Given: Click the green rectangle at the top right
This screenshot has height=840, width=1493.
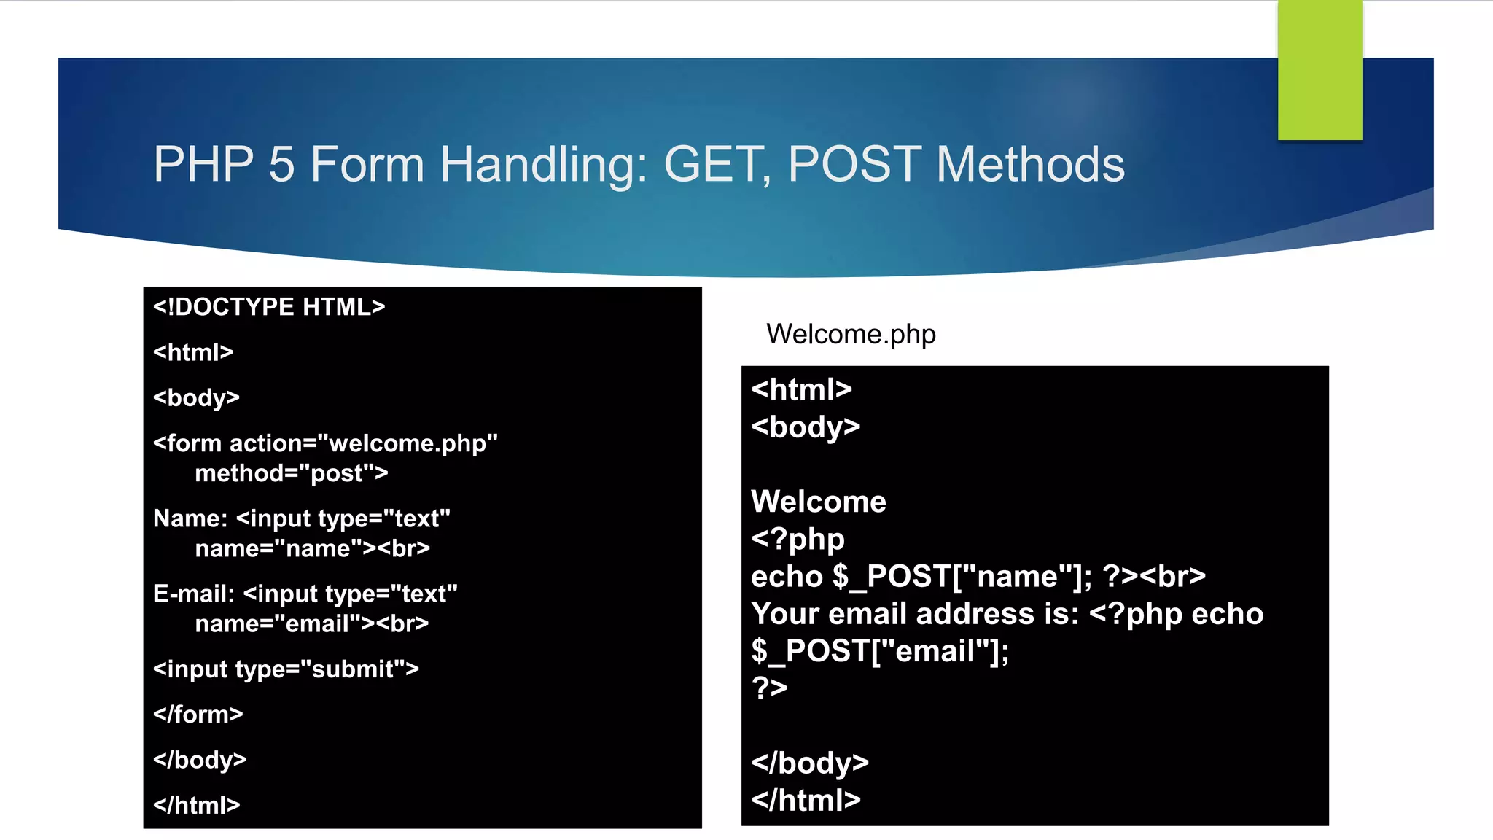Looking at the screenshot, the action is click(x=1319, y=70).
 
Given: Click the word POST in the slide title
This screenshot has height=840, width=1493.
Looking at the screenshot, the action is click(x=854, y=164).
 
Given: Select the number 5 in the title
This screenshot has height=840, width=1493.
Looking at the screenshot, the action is click(x=281, y=164).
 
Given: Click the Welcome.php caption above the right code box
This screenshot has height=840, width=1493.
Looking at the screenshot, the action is click(x=851, y=334).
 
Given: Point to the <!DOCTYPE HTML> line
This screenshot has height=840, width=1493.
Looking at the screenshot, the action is click(x=269, y=307).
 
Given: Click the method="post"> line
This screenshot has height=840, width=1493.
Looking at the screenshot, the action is click(x=291, y=473).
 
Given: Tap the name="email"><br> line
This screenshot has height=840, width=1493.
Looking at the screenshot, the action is click(x=312, y=623).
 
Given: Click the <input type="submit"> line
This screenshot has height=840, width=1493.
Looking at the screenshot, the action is click(x=286, y=669).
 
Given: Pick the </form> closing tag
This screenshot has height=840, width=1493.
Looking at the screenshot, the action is click(x=198, y=715).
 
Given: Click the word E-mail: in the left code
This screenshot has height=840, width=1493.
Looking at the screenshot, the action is click(x=194, y=594).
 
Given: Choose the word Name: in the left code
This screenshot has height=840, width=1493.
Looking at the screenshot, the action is click(x=190, y=518).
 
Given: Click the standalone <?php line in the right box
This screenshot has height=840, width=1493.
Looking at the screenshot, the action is click(x=798, y=539).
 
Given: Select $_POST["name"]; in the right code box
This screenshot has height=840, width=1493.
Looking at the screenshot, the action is click(x=962, y=576).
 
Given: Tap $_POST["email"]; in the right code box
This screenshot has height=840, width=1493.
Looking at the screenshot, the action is click(x=880, y=650).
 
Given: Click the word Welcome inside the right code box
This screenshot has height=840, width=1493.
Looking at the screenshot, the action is click(x=819, y=502).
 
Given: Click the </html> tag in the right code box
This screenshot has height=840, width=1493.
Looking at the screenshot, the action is click(x=806, y=800).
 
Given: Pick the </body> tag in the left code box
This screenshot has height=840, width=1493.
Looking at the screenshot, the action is click(x=200, y=760).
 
